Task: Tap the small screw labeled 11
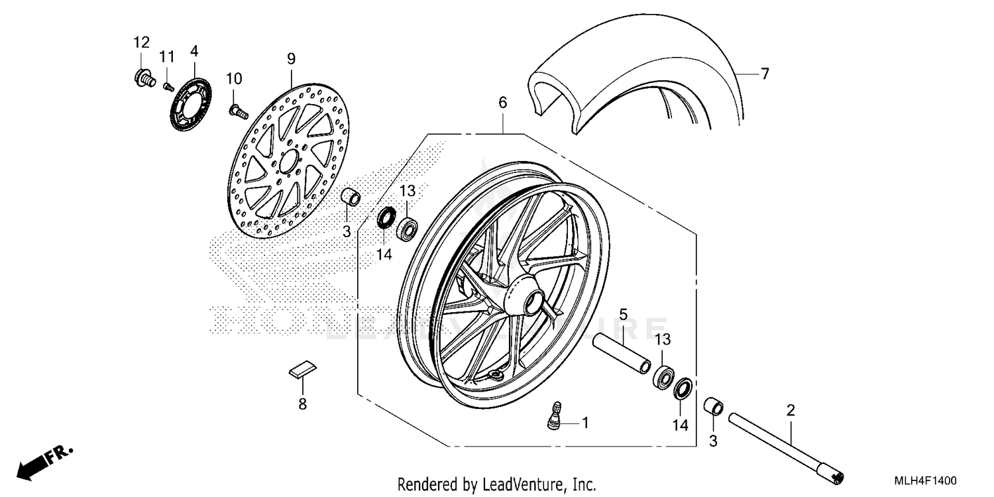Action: click(168, 85)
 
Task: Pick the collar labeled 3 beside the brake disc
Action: click(351, 197)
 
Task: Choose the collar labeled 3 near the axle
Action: click(712, 406)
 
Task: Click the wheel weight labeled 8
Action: click(304, 370)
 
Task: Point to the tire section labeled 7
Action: click(636, 80)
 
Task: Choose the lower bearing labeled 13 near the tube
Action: click(663, 375)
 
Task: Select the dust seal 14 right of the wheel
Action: click(684, 388)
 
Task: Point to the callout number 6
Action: click(502, 103)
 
